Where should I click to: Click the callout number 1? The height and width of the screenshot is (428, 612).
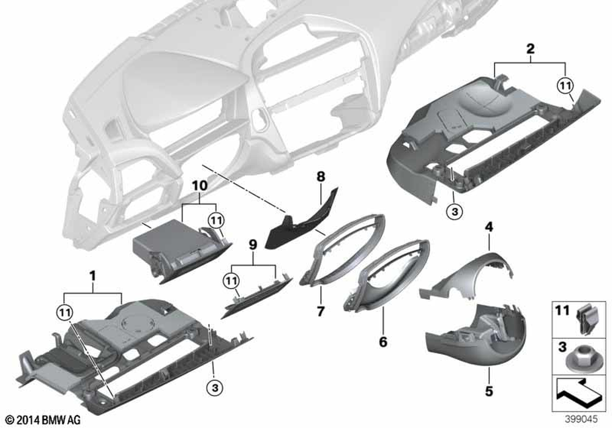click(92, 276)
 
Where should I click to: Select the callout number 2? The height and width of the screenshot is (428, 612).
click(531, 48)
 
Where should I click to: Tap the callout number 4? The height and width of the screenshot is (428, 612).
click(489, 227)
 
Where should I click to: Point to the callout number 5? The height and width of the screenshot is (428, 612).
click(489, 388)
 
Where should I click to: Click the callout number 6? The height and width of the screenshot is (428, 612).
click(383, 342)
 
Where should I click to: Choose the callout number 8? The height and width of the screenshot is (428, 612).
click(319, 177)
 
